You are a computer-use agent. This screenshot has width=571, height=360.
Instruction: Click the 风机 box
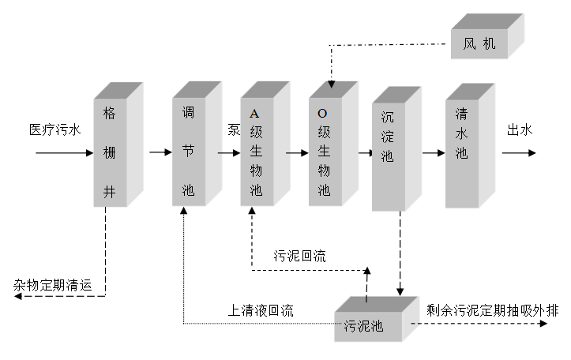tap(479, 45)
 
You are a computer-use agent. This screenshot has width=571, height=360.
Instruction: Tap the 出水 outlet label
tap(520, 130)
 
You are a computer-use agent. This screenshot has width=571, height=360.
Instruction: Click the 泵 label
tap(234, 130)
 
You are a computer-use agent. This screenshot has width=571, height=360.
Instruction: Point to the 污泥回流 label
tap(299, 256)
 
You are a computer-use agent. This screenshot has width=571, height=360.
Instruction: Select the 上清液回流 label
tap(261, 310)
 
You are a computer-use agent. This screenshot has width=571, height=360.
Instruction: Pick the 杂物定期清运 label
tap(53, 286)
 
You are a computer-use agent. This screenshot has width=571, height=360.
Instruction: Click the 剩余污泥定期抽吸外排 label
tap(481, 310)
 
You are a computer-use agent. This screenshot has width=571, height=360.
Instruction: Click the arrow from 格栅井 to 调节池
tap(160, 152)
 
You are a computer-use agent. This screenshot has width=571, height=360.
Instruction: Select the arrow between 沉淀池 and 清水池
tap(434, 152)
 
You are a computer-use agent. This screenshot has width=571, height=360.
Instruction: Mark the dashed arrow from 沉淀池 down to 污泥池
tap(400, 253)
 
